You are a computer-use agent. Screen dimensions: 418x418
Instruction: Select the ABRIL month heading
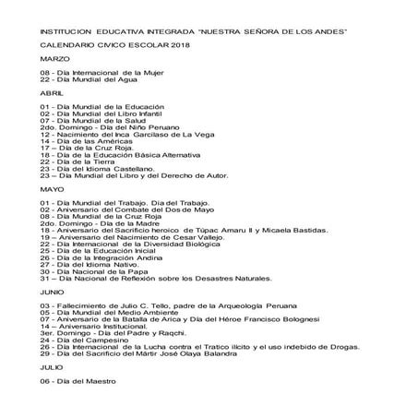click(52, 94)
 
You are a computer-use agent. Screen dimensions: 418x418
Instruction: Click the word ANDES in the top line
click(330, 30)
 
